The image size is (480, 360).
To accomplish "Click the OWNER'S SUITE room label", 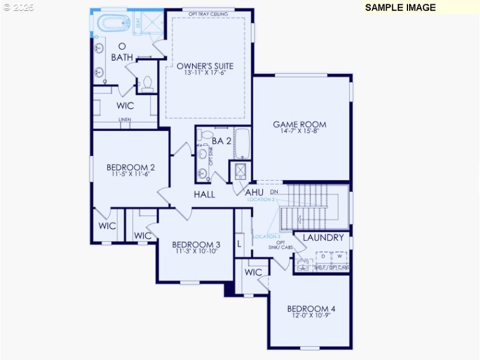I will point(205,66).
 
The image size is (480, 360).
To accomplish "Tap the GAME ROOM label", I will point(299,125).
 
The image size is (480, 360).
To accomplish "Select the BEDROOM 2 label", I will point(131,167).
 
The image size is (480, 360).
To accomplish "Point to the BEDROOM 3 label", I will point(196,245).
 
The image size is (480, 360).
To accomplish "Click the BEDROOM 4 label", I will point(311,309).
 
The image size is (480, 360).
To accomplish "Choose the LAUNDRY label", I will point(323,238).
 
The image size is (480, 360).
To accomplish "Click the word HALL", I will point(204,194).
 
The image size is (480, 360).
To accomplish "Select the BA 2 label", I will point(221,141).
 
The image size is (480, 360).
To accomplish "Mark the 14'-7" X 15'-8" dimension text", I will point(299,132).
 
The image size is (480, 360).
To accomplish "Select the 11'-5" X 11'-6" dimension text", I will point(130,175).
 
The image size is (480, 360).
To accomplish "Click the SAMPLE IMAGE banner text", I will point(400,7).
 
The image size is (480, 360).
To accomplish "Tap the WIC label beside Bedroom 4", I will point(253,272).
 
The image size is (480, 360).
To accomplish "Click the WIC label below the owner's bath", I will point(125,106).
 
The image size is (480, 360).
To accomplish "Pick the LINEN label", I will point(124,119).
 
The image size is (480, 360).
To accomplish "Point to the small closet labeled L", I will point(239,244).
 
